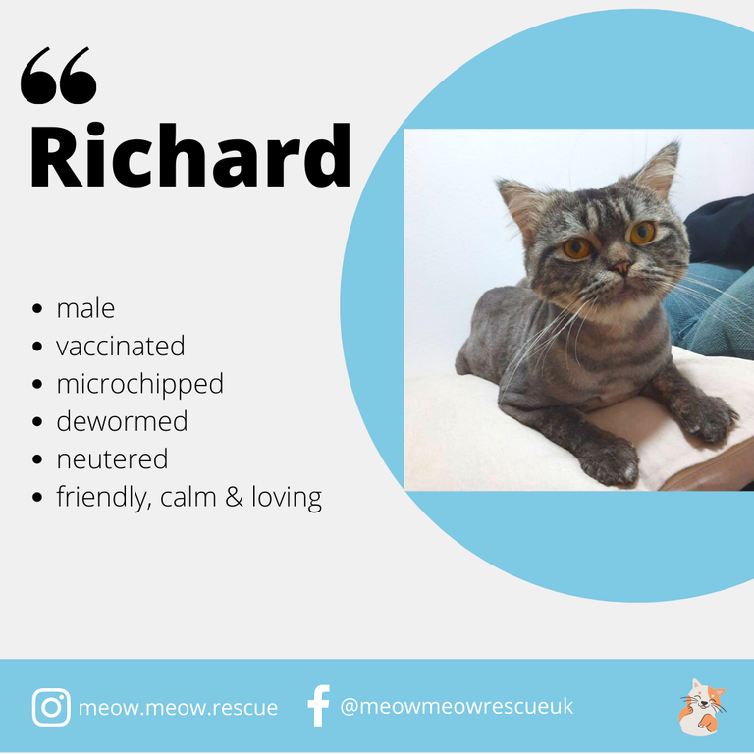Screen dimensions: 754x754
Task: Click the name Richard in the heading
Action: [189, 155]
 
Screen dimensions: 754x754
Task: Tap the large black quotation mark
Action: [58, 76]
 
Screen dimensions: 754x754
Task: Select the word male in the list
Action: [85, 308]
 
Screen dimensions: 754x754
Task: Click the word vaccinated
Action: [120, 346]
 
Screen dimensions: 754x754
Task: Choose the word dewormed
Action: [122, 421]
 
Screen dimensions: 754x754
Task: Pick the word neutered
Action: [112, 459]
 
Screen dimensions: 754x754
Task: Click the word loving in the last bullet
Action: [287, 498]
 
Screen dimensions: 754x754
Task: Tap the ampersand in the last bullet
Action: [234, 497]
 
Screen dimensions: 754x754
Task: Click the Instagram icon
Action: [51, 707]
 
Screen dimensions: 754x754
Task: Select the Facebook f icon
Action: [319, 706]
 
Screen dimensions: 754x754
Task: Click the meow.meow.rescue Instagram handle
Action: [178, 707]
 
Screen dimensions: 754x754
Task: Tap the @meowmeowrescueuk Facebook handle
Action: [457, 707]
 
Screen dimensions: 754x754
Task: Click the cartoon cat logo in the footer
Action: [702, 707]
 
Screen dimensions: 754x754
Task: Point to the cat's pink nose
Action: [621, 267]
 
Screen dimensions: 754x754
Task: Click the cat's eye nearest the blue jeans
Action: [643, 233]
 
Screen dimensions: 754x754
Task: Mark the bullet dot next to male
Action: [37, 308]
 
